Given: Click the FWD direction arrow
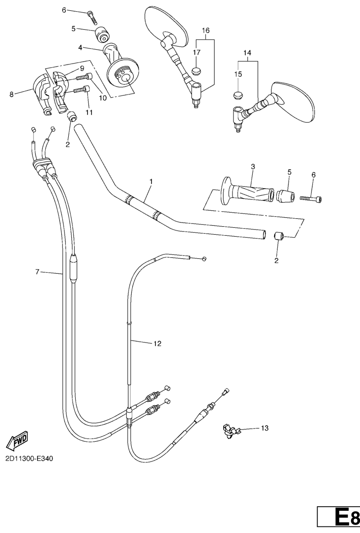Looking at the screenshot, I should [17, 440].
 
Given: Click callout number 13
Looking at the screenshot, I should [264, 428].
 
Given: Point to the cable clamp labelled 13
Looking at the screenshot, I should [231, 430].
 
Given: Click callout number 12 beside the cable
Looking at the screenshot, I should [157, 344].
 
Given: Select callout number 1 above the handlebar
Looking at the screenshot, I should [151, 181].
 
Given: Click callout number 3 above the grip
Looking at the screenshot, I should [253, 167].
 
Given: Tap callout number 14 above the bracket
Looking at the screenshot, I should [248, 53].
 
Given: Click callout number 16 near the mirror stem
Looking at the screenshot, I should [206, 30].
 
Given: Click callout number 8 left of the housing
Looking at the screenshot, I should [11, 94].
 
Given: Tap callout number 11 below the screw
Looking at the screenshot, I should [89, 112].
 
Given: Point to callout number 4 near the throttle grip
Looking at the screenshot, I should [81, 48].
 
